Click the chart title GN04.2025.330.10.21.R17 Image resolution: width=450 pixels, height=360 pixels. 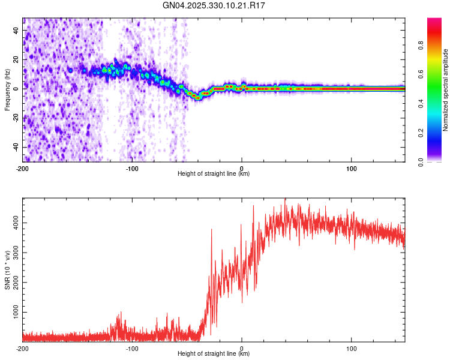(x=214, y=5)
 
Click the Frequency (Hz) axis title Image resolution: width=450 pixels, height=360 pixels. (x=7, y=89)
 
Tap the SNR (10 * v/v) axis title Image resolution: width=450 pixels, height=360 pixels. (x=7, y=270)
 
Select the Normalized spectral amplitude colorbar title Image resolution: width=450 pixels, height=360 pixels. (x=446, y=90)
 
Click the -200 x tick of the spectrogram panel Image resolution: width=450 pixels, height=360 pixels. (x=23, y=167)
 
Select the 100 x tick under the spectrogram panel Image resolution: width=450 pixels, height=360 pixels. (x=351, y=167)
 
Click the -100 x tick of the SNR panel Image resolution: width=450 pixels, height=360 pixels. (x=132, y=348)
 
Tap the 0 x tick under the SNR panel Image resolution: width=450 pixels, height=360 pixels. (x=242, y=348)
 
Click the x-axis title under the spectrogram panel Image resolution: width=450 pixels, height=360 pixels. (x=214, y=173)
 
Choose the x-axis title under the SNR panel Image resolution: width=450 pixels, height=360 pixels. (x=214, y=354)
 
